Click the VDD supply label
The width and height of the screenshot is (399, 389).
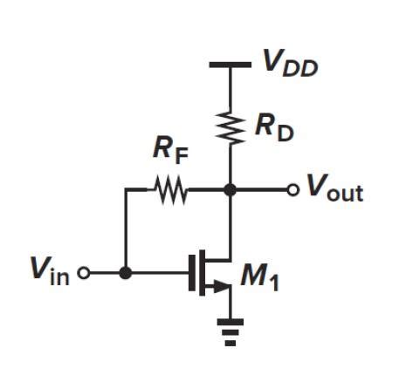pyautogui.click(x=290, y=64)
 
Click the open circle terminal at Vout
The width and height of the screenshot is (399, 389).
pyautogui.click(x=293, y=189)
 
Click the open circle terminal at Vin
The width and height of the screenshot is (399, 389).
pyautogui.click(x=84, y=273)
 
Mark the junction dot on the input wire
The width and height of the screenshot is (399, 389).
pyautogui.click(x=126, y=273)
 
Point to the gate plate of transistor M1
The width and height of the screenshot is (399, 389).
pyautogui.click(x=192, y=273)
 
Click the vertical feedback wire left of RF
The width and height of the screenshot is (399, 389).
pyautogui.click(x=126, y=231)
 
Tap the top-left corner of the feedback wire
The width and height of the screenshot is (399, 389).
pyautogui.click(x=126, y=189)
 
